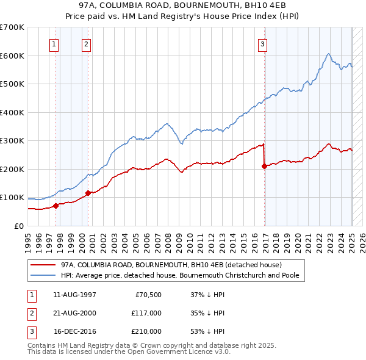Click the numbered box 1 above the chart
(x=54, y=43)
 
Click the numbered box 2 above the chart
(x=87, y=43)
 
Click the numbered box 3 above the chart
(x=262, y=43)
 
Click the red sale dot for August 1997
(x=56, y=206)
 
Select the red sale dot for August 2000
(x=88, y=193)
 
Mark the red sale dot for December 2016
(x=264, y=167)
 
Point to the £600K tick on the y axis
(x=12, y=56)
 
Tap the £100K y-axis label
(x=12, y=198)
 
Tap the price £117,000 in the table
(x=146, y=313)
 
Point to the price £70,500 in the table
(x=148, y=295)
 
